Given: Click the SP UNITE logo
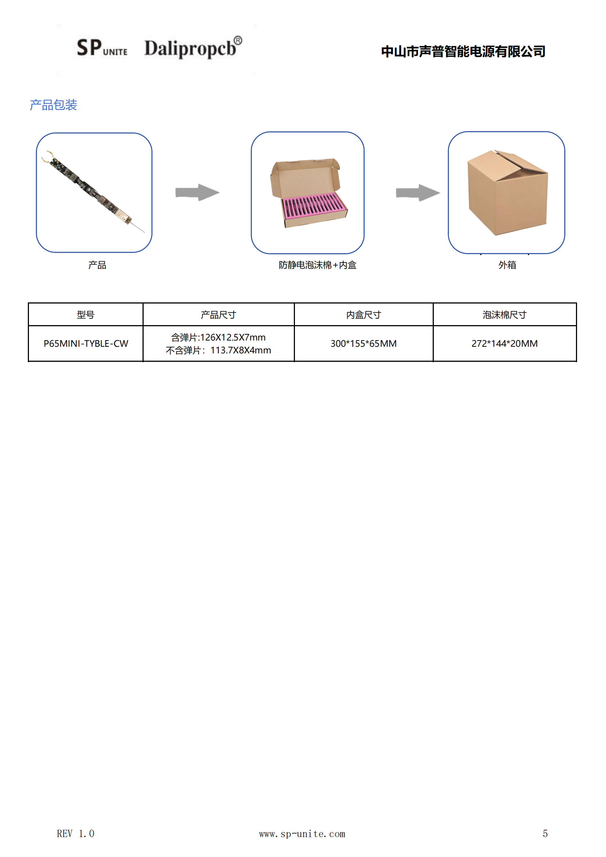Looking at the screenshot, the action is pos(102,48).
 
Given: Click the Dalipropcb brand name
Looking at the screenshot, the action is pos(193,47).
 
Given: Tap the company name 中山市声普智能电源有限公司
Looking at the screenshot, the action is pos(463,52).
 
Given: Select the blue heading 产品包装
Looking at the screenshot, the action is pos(53,105).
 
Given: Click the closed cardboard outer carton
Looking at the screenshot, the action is pos(507,192).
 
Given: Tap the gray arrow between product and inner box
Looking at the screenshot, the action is pos(197,192).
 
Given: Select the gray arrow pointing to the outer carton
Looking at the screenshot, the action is pos(418,192).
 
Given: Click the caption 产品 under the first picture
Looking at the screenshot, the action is pos(97,265).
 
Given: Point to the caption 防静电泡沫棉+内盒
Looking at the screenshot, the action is pos(318,265).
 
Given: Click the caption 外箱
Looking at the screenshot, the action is pos(507,265).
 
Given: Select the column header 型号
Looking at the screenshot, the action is pos(85,315).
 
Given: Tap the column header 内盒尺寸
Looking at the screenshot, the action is pos(363,315).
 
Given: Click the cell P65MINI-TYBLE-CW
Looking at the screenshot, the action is pos(86,343).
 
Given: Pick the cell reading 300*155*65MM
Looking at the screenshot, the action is pos(363,343).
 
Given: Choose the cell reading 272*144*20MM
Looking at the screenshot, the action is pos(505,343).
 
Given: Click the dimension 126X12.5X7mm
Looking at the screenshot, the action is pos(233,338).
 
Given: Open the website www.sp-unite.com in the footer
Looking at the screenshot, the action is pos(302,834).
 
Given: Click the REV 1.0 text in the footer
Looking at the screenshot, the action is pos(75,834).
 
